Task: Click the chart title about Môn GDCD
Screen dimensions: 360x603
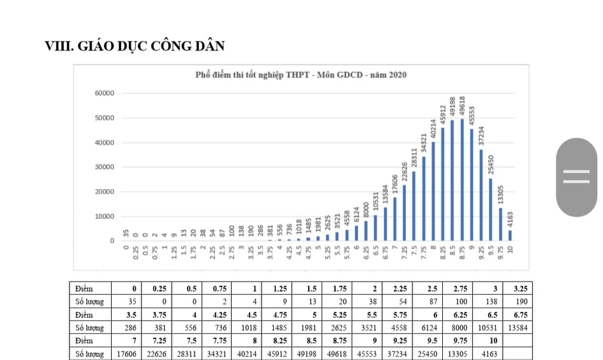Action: click(301, 75)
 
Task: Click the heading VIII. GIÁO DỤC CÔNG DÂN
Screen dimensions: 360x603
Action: click(135, 46)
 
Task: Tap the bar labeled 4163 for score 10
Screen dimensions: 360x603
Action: click(510, 236)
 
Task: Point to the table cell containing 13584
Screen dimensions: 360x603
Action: click(518, 327)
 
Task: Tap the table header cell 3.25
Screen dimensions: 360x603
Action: click(518, 289)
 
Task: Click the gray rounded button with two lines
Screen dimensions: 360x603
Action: click(576, 177)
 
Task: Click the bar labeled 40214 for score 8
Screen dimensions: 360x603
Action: click(433, 191)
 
